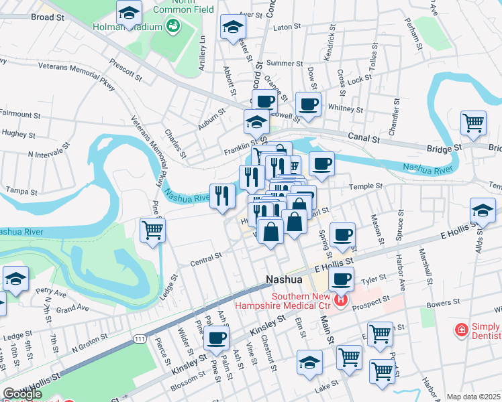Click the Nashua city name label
point(287,279)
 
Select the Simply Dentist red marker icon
point(461,330)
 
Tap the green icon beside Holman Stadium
point(173,26)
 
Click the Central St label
point(206,258)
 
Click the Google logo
point(22,395)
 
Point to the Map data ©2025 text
point(474,397)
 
